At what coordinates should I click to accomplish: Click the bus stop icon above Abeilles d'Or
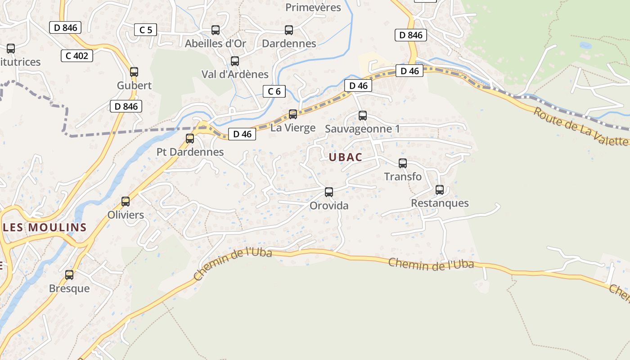pos(216,30)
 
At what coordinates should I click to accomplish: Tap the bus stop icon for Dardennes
pos(289,30)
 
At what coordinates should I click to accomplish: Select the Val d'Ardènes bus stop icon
pos(234,61)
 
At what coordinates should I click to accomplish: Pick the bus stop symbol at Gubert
pos(134,72)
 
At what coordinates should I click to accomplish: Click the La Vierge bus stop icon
pos(293,114)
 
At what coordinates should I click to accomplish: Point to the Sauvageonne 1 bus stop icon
pos(363,115)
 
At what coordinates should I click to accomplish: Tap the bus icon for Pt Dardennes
pos(190,138)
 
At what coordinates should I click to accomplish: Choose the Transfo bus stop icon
pos(403,163)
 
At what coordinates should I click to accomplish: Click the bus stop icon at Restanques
pos(440,190)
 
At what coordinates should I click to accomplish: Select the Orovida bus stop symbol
pos(329,192)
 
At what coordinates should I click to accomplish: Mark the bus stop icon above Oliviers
pos(126,201)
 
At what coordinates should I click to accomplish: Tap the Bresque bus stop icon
pos(69,274)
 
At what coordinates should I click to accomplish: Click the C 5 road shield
pos(145,30)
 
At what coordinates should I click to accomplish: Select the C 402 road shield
pos(76,56)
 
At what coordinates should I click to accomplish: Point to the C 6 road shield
pos(274,91)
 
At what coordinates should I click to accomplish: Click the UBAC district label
pos(345,157)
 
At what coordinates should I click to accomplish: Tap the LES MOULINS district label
pos(45,227)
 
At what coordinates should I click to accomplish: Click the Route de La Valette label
pos(580,126)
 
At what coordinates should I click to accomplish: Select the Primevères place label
pos(313,7)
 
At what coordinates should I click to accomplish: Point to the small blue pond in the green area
pos(585,45)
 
